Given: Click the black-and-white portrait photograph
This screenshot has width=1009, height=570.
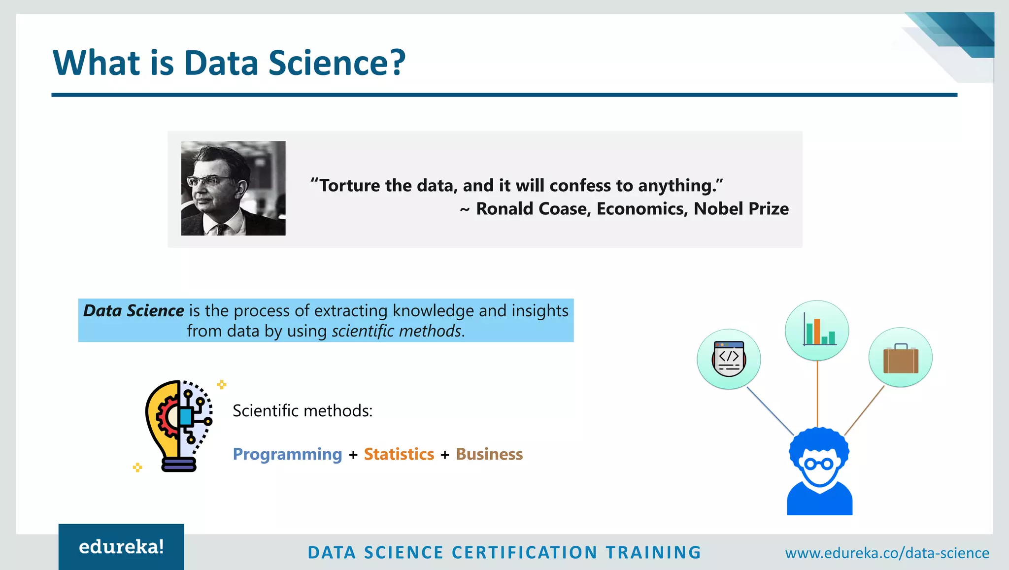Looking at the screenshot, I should tap(233, 188).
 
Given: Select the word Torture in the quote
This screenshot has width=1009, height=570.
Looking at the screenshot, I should tap(350, 186).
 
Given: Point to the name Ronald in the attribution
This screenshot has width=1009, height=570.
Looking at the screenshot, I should tap(504, 209).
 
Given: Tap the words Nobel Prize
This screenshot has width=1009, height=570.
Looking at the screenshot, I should tap(740, 209).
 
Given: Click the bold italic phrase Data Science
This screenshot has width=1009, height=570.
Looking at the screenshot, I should tap(134, 311).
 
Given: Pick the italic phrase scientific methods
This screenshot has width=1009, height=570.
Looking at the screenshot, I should tap(397, 331).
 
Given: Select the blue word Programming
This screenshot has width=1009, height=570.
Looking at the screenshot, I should tap(287, 454).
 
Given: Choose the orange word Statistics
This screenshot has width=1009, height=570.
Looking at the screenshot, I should tap(399, 454).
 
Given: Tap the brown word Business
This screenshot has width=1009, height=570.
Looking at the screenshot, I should tap(489, 454).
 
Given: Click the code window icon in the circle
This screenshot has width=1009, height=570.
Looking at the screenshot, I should tap(729, 359).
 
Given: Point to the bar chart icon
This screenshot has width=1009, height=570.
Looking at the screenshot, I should tap(817, 331).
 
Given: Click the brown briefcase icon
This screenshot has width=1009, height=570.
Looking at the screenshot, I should tap(901, 358).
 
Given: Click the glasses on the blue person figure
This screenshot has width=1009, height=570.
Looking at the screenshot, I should tap(819, 464).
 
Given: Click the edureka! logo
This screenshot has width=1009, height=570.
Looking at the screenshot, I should tap(121, 547).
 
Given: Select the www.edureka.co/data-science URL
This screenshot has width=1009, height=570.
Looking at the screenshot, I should tap(887, 553).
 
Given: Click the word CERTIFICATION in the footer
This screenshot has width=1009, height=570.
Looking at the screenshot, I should tap(524, 553).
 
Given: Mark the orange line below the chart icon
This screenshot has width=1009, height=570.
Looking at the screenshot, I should tap(817, 394).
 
